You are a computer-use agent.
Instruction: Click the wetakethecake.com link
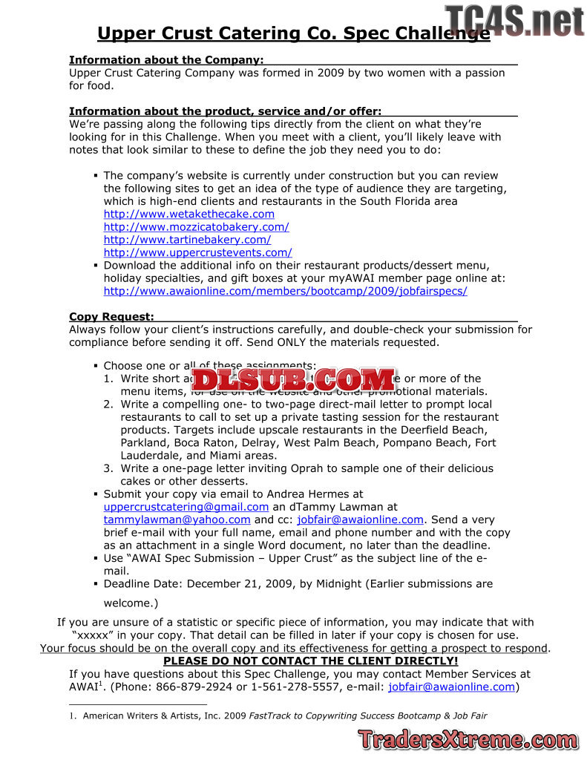pos(188,214)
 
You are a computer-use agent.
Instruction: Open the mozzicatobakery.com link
pos(196,227)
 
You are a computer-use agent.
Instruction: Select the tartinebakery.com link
pos(187,240)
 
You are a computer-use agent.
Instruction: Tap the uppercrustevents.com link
pos(197,252)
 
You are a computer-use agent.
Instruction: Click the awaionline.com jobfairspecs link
pos(285,291)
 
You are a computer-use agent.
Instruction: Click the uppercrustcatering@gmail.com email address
pos(186,507)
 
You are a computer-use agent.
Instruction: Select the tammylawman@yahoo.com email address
pos(177,520)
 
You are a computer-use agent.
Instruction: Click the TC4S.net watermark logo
pos(515,21)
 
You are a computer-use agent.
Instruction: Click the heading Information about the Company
pos(166,59)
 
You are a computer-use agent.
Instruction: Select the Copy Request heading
pos(111,317)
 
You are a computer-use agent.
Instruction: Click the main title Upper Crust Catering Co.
pos(293,33)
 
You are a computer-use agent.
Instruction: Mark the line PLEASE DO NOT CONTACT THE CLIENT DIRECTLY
pos(311,661)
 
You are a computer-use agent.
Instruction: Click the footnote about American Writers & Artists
pos(285,716)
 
